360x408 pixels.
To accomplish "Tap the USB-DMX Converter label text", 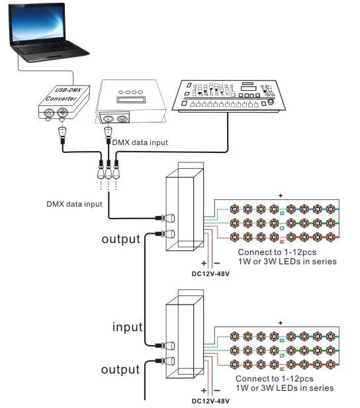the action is coord(64,95).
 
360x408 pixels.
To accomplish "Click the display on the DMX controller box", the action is coord(130,99).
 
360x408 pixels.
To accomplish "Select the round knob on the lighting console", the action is coord(271,102).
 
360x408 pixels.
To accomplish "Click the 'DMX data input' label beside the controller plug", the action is coord(140,142).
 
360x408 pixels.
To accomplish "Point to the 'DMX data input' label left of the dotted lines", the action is coord(74,204).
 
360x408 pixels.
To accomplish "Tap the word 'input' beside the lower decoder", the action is coord(127,327).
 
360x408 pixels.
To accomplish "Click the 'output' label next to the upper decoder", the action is coord(121,239).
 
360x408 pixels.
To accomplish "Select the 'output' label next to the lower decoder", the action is coord(120,370).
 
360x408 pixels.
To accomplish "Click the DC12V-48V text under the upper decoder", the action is coord(210,274).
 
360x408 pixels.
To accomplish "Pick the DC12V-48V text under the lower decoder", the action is coord(210,401).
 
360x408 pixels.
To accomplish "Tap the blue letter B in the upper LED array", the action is coord(283,213).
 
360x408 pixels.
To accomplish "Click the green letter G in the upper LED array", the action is coord(283,229).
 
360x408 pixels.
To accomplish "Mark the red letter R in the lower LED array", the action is coord(283,369).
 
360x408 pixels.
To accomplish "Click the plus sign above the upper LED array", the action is coord(281,195).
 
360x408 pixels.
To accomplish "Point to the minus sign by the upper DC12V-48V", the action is coord(217,264).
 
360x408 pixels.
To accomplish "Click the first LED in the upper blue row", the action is coord(234,209).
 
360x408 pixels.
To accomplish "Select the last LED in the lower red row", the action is coord(330,364).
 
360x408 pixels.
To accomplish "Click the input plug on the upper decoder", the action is coord(165,218).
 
